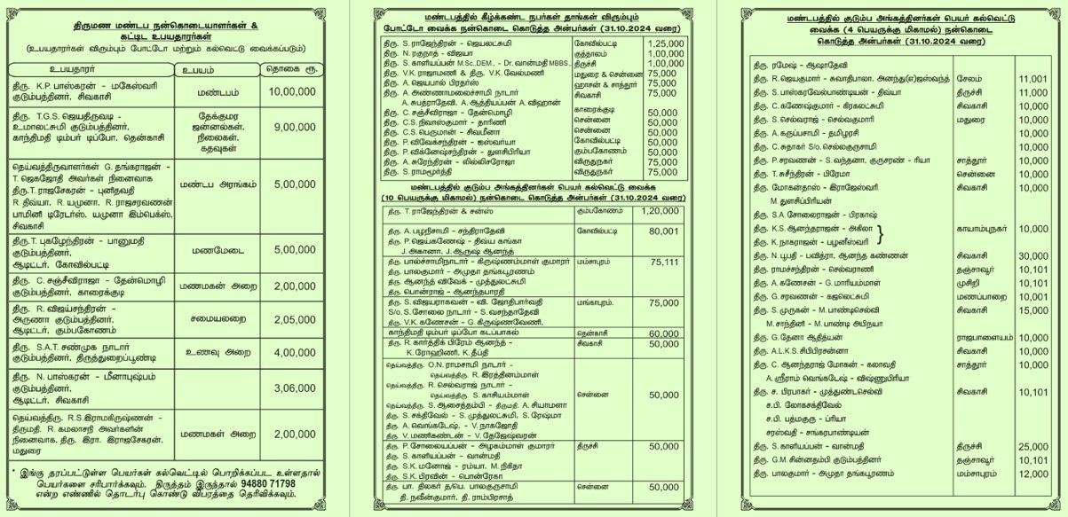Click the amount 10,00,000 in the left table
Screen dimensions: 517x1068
[x=292, y=90]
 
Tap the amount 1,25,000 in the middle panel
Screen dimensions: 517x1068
[x=666, y=43]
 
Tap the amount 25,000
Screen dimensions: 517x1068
[x=1032, y=447]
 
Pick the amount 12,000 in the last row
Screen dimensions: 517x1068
[x=1032, y=474]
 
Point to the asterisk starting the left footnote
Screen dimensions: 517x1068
[x=15, y=471]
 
